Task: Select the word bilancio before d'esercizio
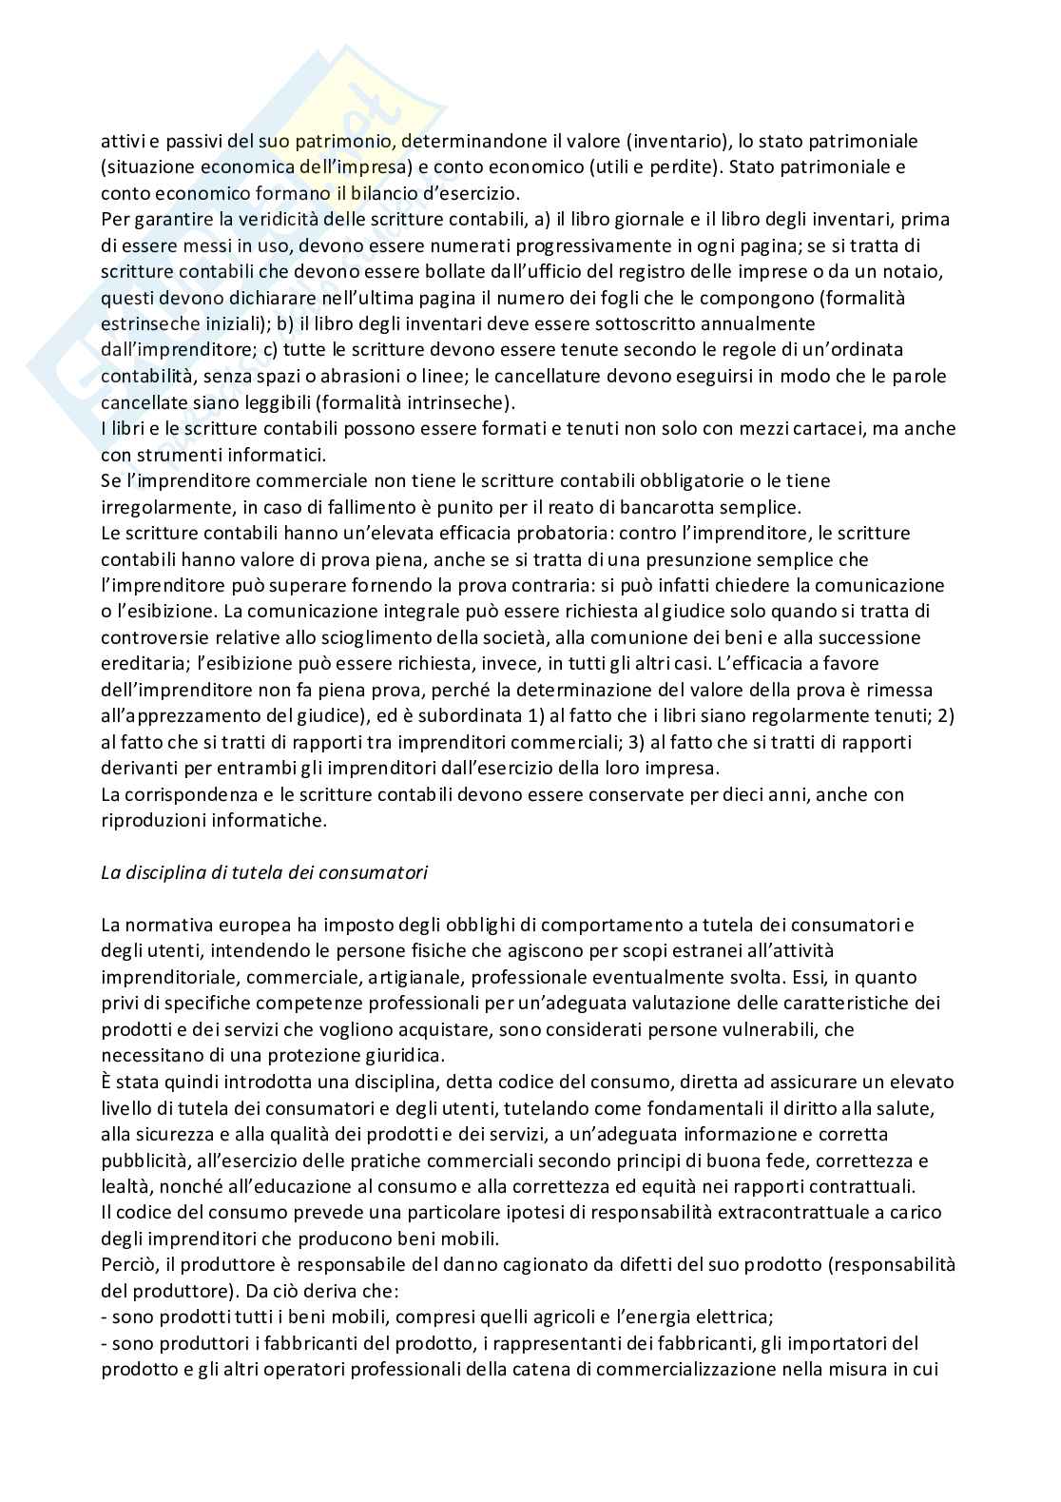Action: (365, 193)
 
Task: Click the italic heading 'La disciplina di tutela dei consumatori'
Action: (263, 872)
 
